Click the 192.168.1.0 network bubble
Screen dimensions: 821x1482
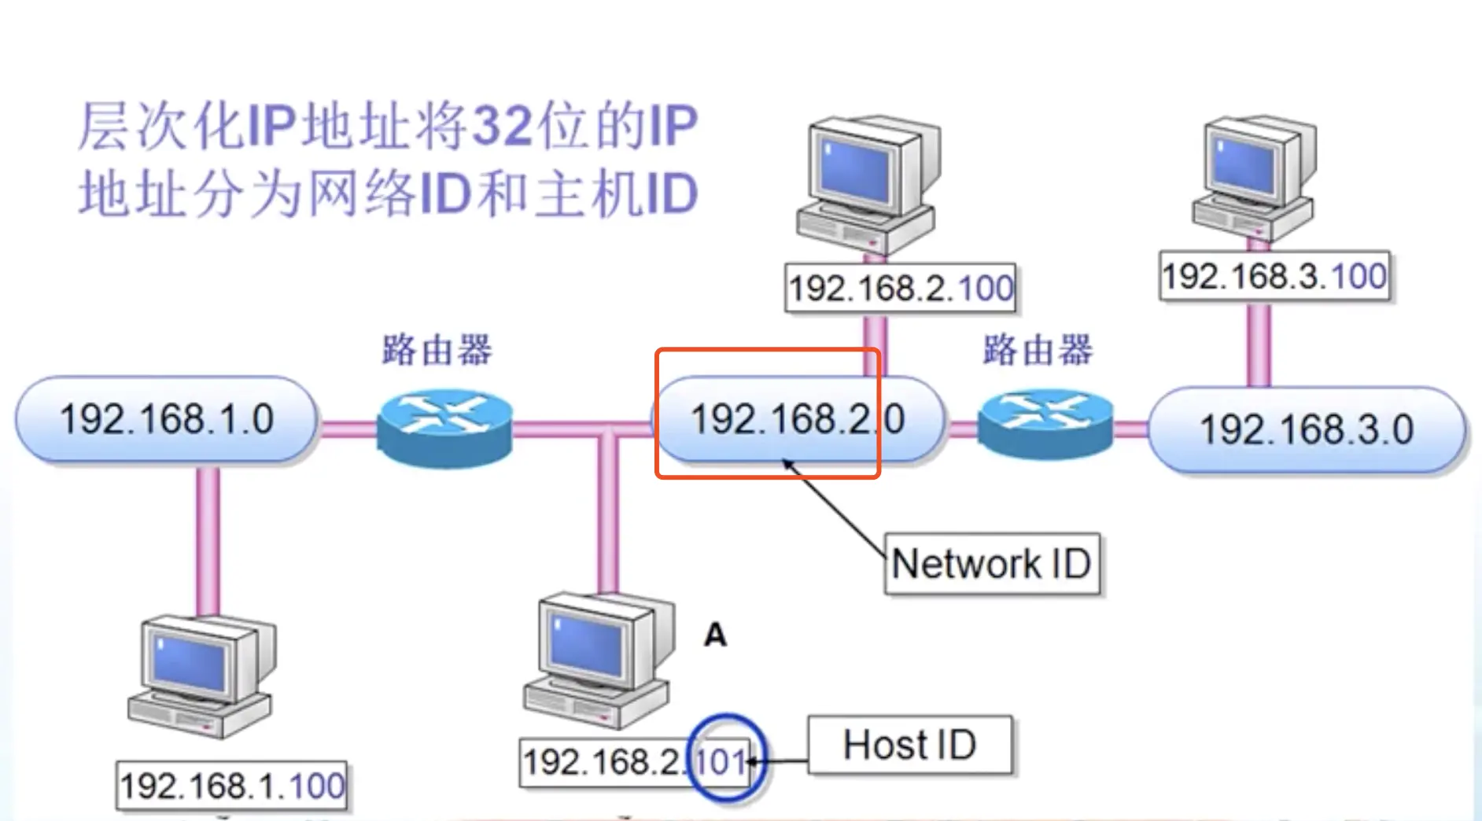point(166,419)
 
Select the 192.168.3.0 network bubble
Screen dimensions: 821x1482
point(1306,430)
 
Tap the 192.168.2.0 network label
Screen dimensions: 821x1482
point(796,419)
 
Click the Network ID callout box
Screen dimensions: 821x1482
point(991,564)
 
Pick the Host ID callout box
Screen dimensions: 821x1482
point(909,745)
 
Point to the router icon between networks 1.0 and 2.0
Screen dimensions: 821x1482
point(444,427)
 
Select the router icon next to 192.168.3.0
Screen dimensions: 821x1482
point(1045,423)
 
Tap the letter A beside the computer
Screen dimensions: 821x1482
point(714,635)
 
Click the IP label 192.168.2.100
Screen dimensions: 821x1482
point(901,289)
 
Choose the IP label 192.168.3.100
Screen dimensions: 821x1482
point(1274,277)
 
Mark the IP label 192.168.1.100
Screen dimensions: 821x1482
point(231,786)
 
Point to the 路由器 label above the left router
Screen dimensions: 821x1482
point(437,350)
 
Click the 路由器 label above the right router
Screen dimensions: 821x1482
point(1038,350)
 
